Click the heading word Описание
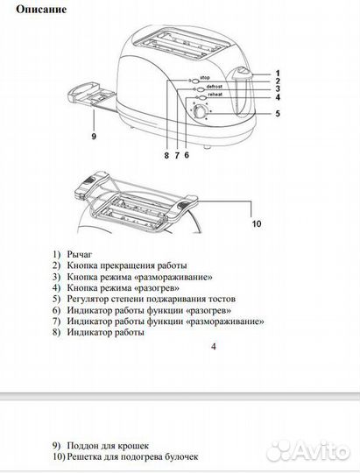(x=41, y=10)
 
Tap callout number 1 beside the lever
(x=278, y=74)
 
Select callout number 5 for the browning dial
(x=278, y=114)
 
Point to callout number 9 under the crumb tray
(x=94, y=137)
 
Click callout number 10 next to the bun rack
(x=257, y=224)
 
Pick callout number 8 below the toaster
(x=166, y=155)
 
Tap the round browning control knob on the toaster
(x=200, y=112)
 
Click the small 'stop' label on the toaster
(x=205, y=78)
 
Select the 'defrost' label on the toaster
(x=214, y=87)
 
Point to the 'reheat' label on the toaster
(x=215, y=95)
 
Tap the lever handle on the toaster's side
(x=243, y=72)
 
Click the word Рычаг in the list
(x=80, y=255)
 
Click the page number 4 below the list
(x=214, y=347)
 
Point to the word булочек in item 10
(x=181, y=456)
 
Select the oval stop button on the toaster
(x=195, y=81)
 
